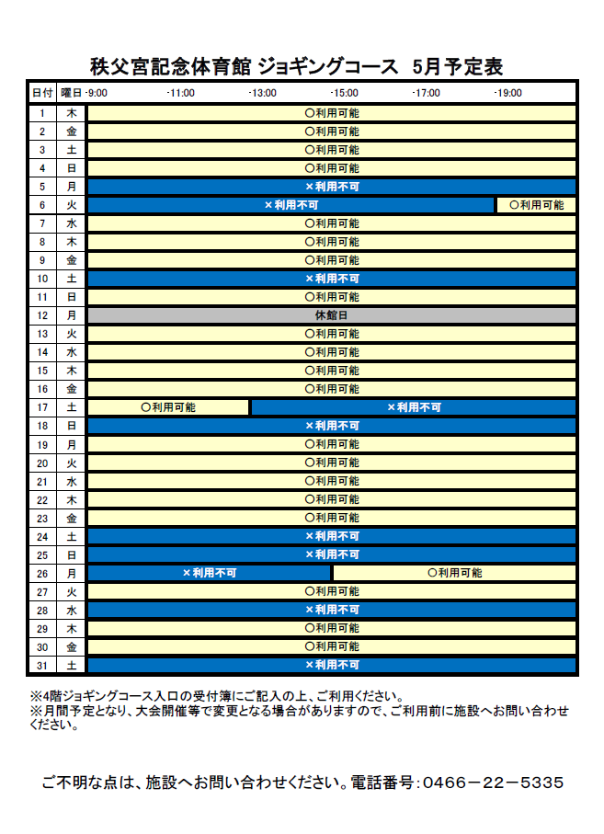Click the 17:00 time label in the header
(427, 93)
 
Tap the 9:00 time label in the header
(97, 93)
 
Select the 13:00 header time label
(263, 93)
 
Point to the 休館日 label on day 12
(332, 315)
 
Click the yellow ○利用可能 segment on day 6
(537, 205)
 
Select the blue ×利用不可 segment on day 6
(291, 205)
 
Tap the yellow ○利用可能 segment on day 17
(168, 407)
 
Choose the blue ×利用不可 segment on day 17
(414, 407)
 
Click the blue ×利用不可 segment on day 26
(210, 573)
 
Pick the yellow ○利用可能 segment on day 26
(454, 573)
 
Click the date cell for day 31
(42, 665)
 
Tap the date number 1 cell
(42, 113)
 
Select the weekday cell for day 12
(72, 315)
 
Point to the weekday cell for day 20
(72, 463)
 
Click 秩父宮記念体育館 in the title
(170, 66)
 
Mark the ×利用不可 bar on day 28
(332, 610)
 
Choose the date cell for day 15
(42, 371)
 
